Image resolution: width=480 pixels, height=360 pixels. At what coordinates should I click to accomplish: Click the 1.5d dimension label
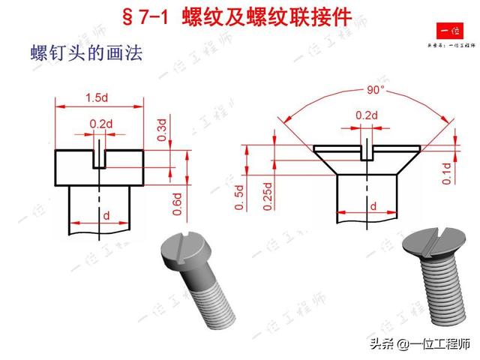point(95,97)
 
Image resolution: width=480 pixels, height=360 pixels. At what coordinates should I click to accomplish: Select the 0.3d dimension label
point(163,129)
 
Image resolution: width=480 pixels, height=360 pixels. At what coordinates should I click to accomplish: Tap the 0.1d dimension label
point(447,172)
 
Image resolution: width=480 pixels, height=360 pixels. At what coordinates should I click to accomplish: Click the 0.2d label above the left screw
point(100,123)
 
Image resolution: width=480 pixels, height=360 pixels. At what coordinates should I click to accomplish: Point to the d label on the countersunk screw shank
point(373,205)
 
